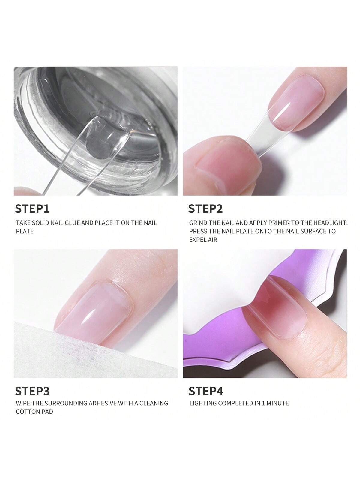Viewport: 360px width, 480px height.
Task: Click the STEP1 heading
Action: [x=32, y=209]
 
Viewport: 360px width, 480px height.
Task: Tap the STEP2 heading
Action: [x=205, y=209]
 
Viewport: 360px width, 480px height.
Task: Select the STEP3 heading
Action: [x=32, y=391]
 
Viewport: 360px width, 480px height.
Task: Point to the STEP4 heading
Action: [x=206, y=391]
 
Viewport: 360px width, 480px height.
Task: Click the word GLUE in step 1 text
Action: [x=73, y=223]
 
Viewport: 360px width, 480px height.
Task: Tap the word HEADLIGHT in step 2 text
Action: [x=330, y=223]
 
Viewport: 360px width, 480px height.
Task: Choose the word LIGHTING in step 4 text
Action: [x=203, y=403]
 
